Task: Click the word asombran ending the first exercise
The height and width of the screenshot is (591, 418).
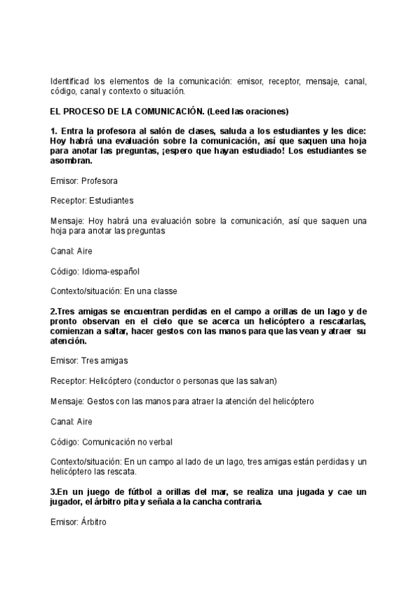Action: pos(70,160)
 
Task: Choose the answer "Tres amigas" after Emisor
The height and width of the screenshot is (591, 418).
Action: pos(104,361)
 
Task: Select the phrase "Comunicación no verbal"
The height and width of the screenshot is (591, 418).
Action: pos(127,442)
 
